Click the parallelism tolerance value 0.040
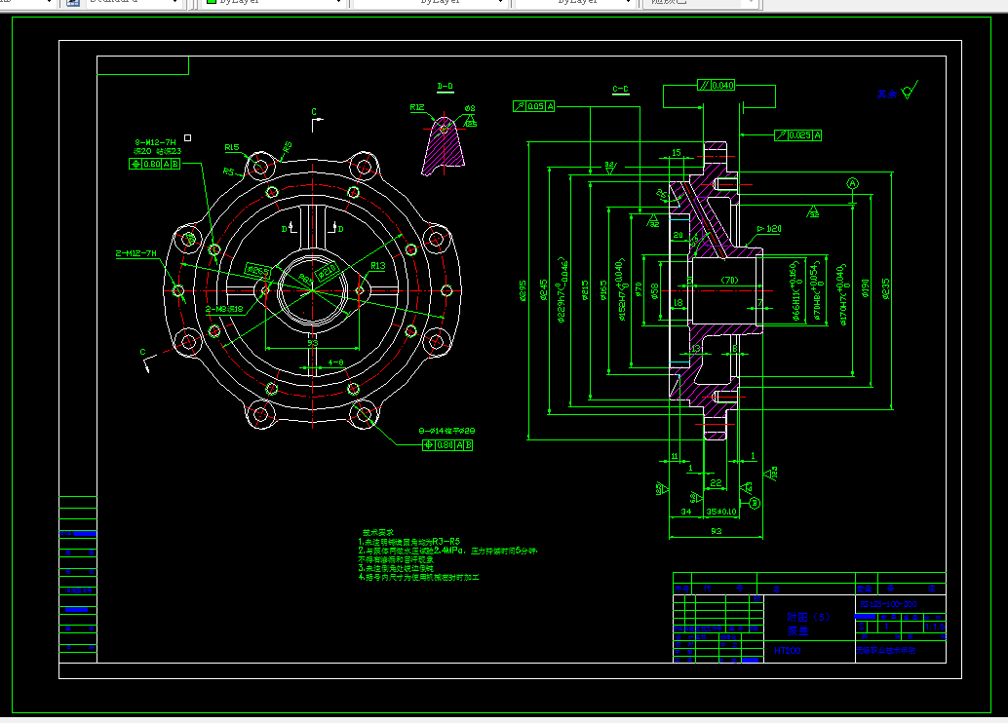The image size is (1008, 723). point(722,86)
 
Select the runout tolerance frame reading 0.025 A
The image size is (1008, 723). point(798,135)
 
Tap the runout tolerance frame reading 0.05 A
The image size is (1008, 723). point(535,106)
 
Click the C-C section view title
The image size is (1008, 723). point(620,90)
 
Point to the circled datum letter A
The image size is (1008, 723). point(853,183)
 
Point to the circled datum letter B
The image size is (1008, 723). point(754,503)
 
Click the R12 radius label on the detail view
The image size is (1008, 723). point(417,107)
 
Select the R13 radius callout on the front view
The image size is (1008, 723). point(378,265)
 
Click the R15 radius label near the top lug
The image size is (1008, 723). point(232,148)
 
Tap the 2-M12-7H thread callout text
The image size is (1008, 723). point(136,253)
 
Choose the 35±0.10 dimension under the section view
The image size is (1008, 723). point(721,511)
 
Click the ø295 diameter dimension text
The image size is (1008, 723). point(523,290)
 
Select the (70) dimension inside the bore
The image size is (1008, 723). point(729,281)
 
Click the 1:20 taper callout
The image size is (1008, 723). point(771,229)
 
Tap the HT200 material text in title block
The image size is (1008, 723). point(788,649)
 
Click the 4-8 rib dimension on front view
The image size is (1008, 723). point(335,362)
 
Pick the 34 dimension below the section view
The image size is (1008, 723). point(685,511)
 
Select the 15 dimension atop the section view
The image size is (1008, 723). point(676,153)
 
